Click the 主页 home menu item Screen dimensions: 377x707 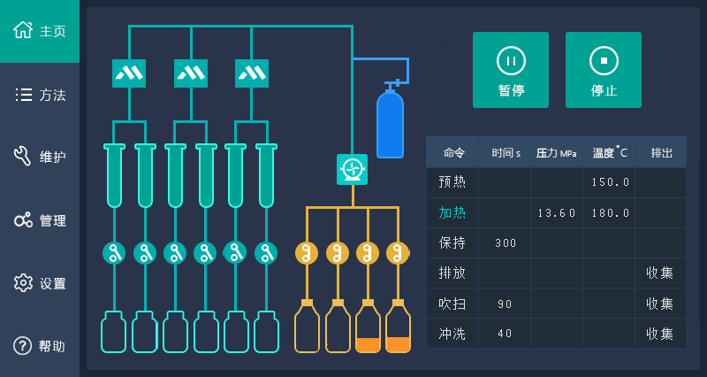tap(40, 31)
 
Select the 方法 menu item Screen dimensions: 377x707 tap(40, 95)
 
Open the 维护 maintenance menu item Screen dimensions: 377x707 tap(40, 158)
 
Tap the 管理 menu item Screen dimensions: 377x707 tap(40, 220)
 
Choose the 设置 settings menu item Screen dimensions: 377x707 tap(40, 283)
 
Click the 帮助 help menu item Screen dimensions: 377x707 tap(40, 346)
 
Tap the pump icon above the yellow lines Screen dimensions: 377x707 tap(352, 169)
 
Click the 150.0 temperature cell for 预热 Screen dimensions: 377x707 tap(611, 182)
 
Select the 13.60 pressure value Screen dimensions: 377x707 tap(557, 212)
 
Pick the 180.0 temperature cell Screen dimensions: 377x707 tap(611, 212)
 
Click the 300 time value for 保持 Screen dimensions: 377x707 tap(506, 242)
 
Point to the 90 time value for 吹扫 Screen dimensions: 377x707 tap(506, 304)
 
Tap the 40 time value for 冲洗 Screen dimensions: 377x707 tap(506, 334)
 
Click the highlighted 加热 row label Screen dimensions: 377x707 tap(452, 212)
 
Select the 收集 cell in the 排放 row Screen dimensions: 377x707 tap(659, 273)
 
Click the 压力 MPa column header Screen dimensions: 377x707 tap(557, 152)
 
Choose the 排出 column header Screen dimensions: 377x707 tap(661, 152)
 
